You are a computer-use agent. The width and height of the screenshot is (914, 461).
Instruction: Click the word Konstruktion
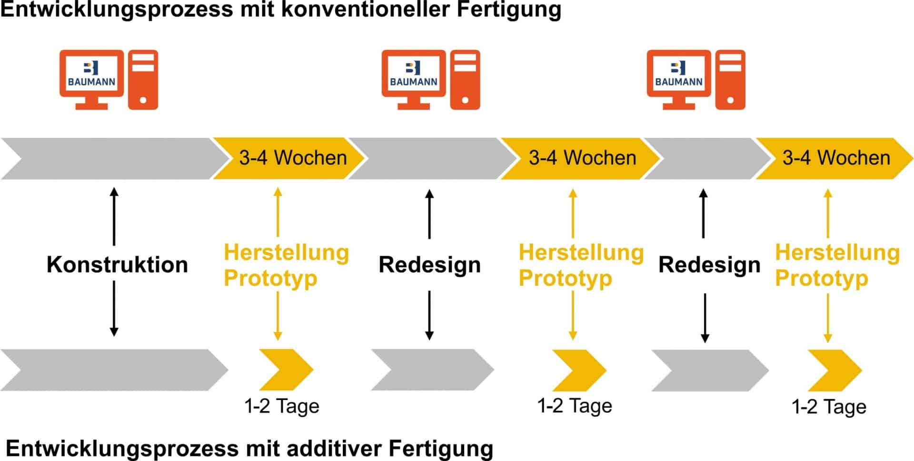pos(117,265)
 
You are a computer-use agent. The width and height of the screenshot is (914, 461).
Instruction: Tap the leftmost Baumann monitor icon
pos(91,76)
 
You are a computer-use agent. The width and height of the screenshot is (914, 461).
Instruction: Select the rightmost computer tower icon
pos(730,80)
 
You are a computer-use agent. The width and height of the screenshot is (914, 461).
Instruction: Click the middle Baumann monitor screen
pos(413,75)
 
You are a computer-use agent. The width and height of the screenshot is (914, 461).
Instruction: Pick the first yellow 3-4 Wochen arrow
pos(288,158)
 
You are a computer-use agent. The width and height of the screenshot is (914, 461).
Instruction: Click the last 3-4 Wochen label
pos(836,158)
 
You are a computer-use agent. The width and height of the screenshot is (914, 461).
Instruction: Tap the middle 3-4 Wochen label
pos(582,158)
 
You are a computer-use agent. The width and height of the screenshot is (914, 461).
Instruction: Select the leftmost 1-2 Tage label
pos(281,407)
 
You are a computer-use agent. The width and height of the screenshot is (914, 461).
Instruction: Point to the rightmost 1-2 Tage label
pos(829,407)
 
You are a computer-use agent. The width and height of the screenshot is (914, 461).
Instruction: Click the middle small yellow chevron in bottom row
pos(579,370)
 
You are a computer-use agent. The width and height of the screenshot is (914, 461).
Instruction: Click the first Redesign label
pos(429,265)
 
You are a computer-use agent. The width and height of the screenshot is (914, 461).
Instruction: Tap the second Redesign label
pos(709,265)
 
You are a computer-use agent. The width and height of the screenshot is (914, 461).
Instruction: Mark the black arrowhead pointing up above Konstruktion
pos(114,192)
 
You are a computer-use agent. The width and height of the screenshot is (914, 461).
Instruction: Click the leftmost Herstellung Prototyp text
pos(286,265)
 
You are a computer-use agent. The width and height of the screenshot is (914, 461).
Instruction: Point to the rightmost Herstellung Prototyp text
pos(837,265)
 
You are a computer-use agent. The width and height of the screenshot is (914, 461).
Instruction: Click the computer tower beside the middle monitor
pos(465,80)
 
